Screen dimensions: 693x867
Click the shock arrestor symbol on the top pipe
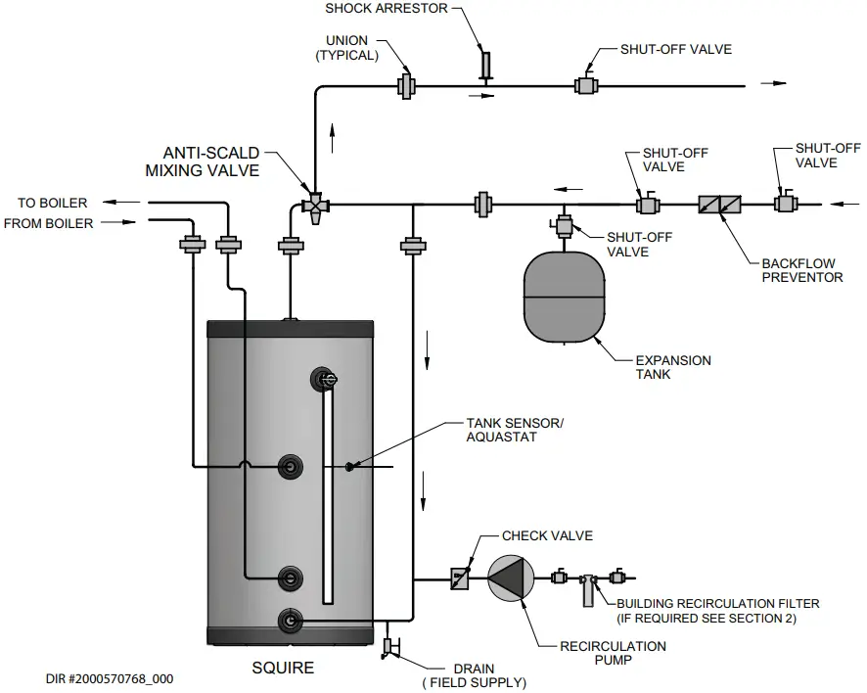(x=484, y=66)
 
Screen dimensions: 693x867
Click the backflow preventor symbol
(x=719, y=205)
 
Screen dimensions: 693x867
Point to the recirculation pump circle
(x=511, y=577)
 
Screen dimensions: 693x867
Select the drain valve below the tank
(x=388, y=647)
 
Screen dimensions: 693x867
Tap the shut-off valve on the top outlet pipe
(x=588, y=86)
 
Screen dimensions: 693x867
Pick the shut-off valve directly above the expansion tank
(x=564, y=226)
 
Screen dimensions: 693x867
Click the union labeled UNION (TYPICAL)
(x=406, y=86)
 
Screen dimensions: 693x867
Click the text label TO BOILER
(x=52, y=203)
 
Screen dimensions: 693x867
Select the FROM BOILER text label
(x=49, y=223)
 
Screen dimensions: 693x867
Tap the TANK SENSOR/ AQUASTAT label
(x=516, y=430)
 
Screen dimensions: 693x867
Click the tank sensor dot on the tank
(x=349, y=467)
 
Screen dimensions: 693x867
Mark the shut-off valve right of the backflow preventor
(x=785, y=205)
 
